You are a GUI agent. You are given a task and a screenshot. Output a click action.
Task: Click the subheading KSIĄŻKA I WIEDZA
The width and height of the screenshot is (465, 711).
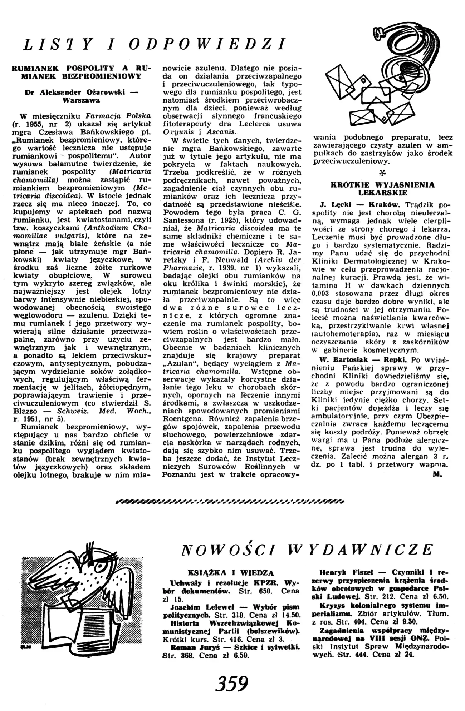point(232,573)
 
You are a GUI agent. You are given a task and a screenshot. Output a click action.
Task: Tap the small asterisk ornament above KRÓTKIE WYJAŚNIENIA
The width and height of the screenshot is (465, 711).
point(383,173)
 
